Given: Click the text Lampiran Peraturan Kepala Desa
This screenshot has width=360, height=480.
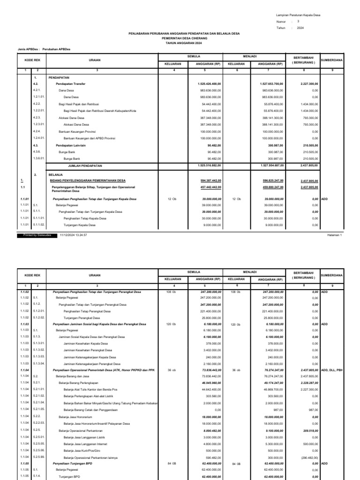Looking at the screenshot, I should point(297,15).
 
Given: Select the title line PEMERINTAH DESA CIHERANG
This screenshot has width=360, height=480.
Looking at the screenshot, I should point(180,38).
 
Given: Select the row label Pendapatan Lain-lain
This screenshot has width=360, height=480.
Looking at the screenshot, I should point(71,145).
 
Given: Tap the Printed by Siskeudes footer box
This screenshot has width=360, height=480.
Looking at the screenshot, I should point(37,235).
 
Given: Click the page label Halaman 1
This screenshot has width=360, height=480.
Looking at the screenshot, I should point(335,235).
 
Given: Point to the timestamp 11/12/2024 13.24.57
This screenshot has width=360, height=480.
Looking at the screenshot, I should point(74,235).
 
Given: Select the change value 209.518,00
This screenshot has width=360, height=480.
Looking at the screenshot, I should point(309,430).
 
